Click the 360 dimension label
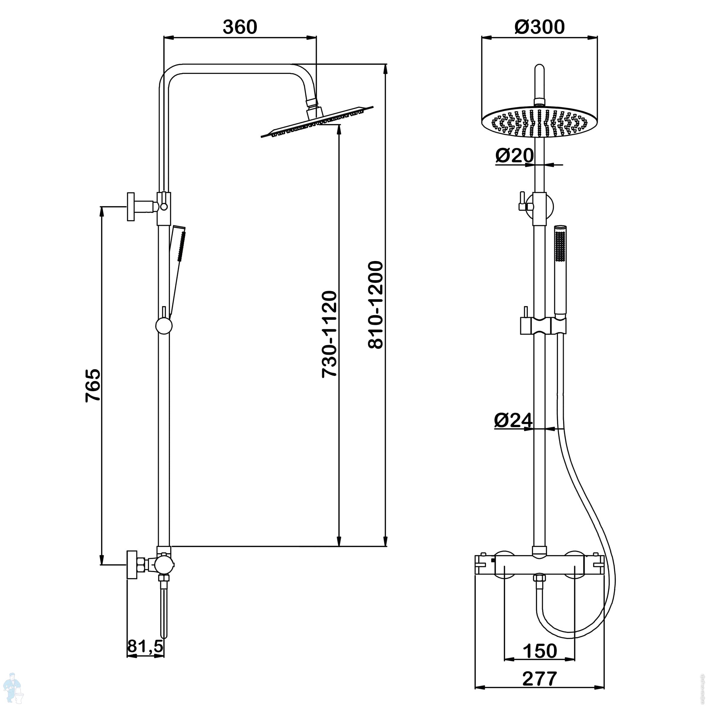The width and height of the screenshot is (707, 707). [x=240, y=27]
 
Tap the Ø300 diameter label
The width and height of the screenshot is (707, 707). [x=539, y=27]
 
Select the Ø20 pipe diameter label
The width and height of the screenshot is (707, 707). [x=514, y=156]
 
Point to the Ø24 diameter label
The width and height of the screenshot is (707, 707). [x=513, y=420]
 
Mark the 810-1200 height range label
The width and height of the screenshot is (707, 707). [x=375, y=305]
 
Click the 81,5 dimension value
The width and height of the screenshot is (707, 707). [x=145, y=647]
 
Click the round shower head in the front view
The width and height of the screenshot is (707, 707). [x=539, y=122]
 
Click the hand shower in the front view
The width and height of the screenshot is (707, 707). [x=560, y=271]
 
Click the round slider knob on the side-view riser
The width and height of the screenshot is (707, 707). [x=163, y=325]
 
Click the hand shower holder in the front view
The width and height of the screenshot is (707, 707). [x=543, y=325]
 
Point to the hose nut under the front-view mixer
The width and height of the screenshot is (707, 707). [x=539, y=578]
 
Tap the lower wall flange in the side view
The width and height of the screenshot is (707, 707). [x=132, y=565]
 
